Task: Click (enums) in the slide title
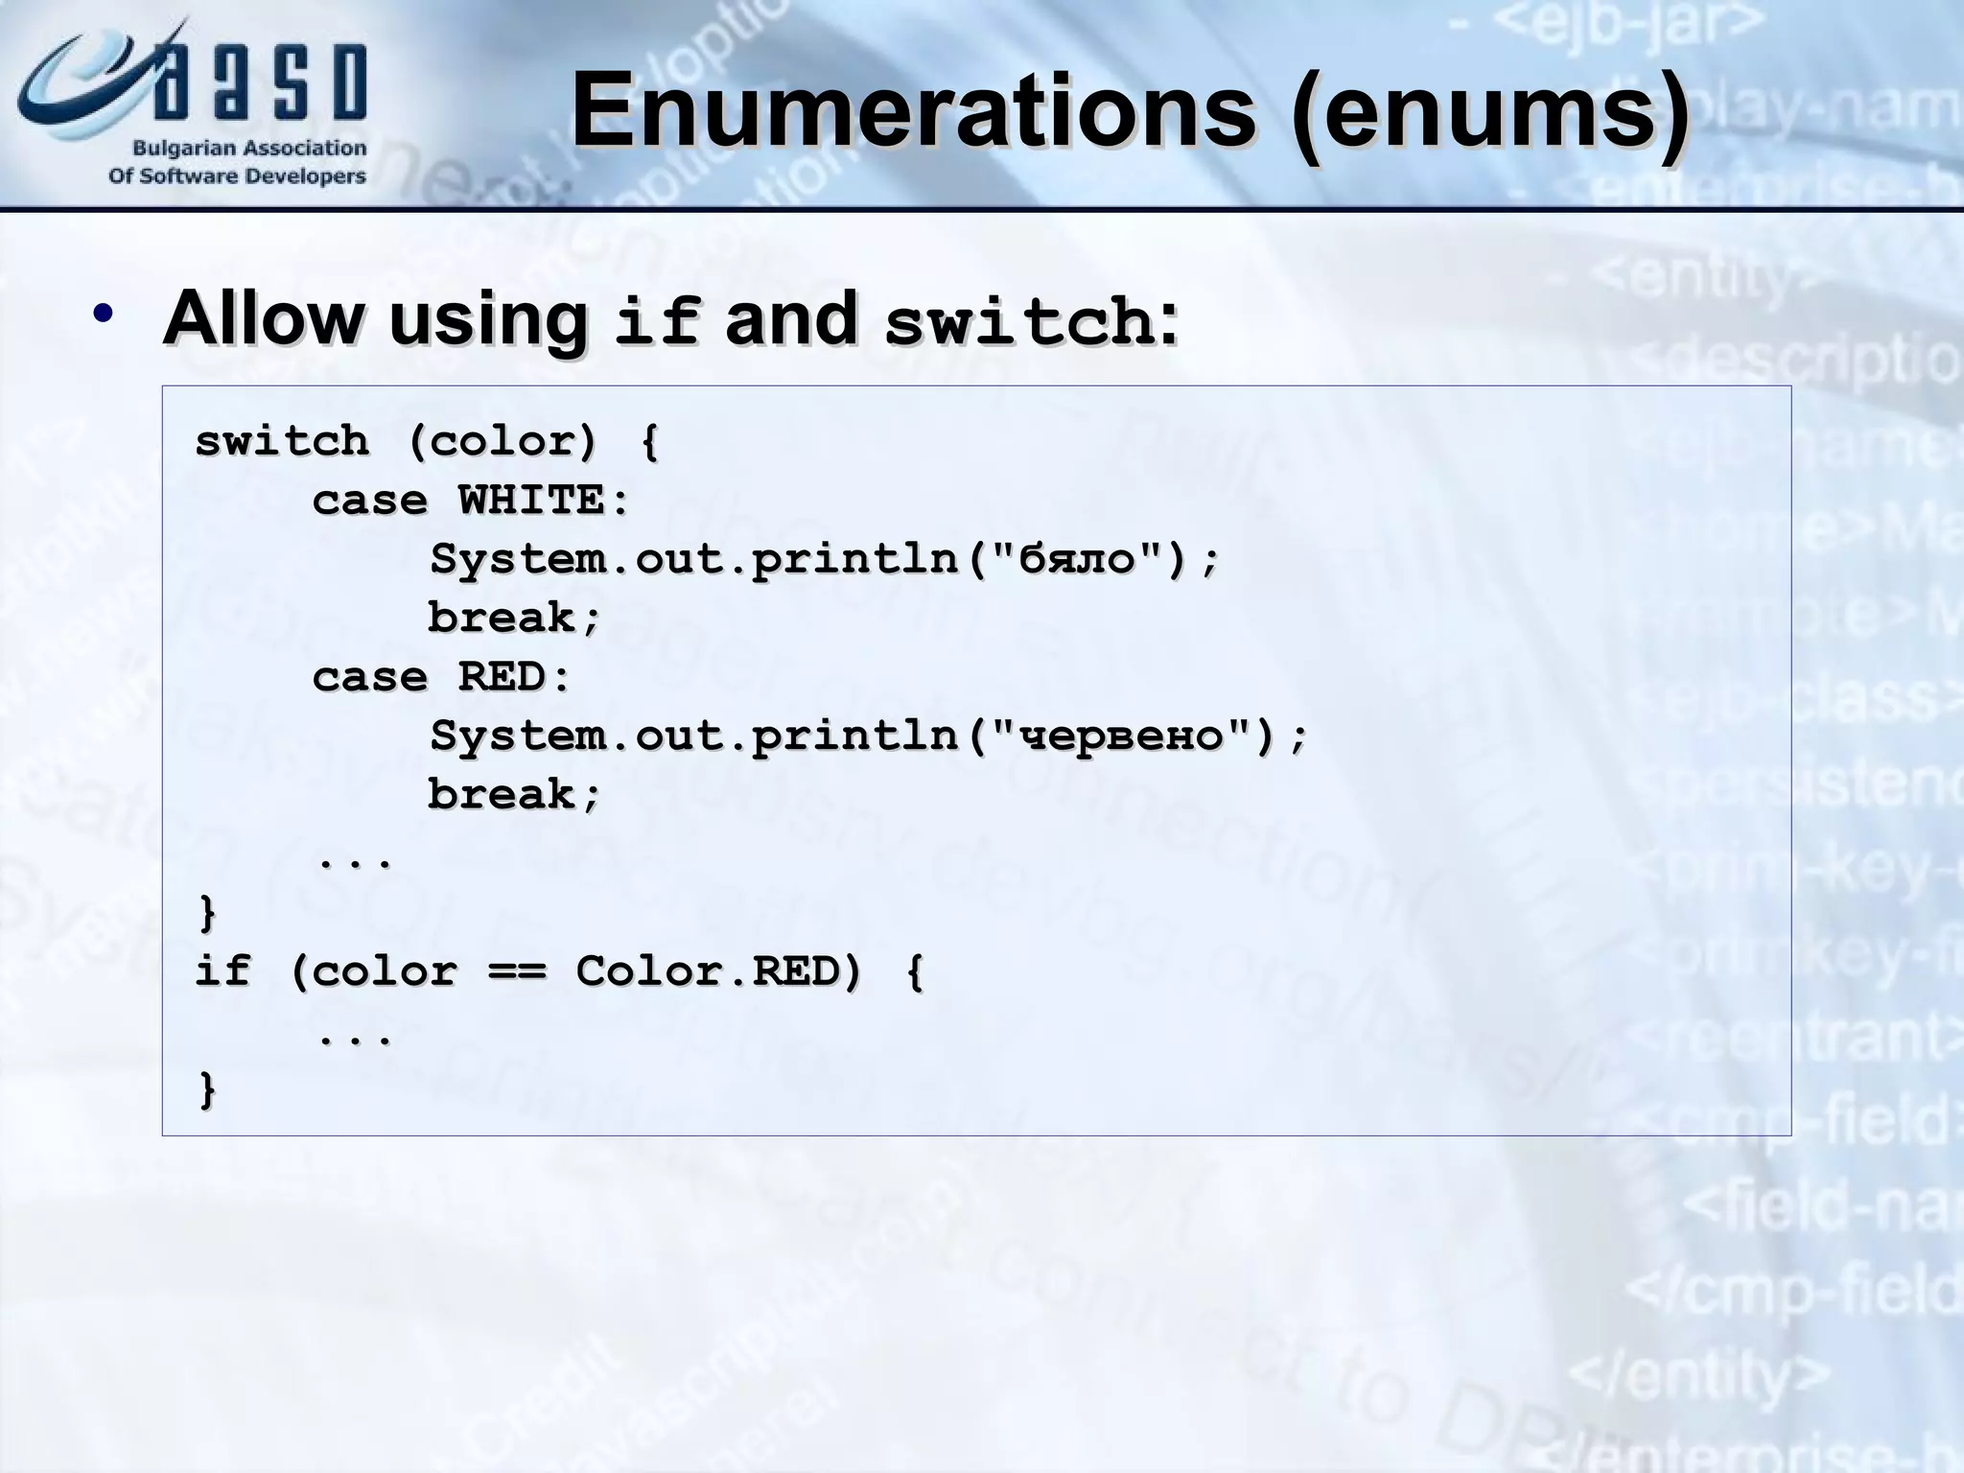coord(1489,113)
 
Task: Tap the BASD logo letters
coord(259,82)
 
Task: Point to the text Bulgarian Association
coord(249,149)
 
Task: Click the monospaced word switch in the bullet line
coord(1018,321)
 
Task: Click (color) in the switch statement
coord(503,442)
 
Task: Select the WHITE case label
coord(542,501)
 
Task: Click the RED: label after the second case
coord(514,677)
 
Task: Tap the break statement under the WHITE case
coord(514,619)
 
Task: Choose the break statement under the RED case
coord(514,795)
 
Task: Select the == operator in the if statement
coord(517,972)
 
